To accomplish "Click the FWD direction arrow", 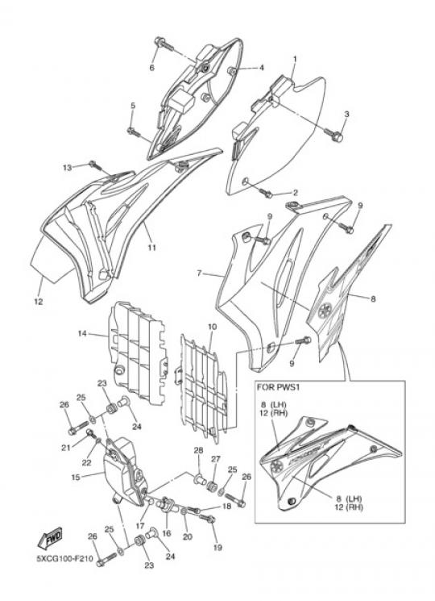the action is (50, 539).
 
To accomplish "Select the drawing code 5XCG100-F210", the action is (64, 559).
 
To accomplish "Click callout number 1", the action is (295, 60).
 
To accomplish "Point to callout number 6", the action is (152, 68).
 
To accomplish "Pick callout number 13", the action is (68, 168).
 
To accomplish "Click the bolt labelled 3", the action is (333, 133).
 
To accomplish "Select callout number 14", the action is (82, 333).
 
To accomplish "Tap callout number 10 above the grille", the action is (213, 327).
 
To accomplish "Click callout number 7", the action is (199, 273).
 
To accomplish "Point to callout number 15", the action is (76, 478).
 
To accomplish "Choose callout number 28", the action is (198, 450).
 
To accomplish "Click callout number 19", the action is (217, 547).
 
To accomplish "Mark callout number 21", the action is (66, 447).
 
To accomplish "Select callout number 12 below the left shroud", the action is (38, 302).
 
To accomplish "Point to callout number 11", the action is (152, 248).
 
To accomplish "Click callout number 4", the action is (262, 68).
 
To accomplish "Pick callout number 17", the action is (139, 526).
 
